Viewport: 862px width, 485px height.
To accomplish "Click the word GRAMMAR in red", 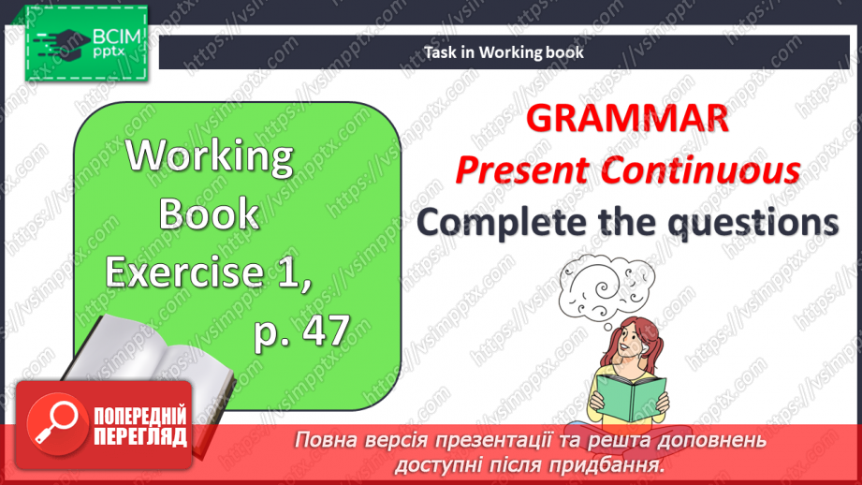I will (x=626, y=120).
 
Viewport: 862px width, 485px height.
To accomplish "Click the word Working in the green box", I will (x=210, y=155).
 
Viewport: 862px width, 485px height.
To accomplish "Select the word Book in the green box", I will (x=209, y=214).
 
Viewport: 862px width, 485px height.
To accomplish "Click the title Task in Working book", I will (x=504, y=52).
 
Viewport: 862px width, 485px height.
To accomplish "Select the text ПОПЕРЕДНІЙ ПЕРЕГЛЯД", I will (x=140, y=426).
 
